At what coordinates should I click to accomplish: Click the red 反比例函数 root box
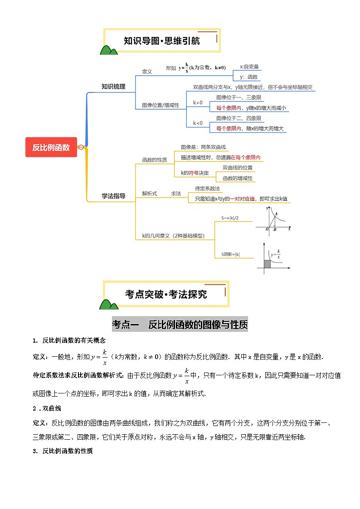[51, 147]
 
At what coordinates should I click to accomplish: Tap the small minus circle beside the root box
[81, 147]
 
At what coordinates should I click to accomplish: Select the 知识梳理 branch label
[113, 87]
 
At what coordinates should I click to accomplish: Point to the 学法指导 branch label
[113, 196]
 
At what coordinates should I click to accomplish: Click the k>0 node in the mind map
[198, 102]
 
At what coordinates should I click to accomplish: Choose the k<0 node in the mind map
[198, 123]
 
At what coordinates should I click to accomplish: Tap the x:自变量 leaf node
[249, 67]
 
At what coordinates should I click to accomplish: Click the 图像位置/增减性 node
[161, 105]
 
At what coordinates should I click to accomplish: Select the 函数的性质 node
[155, 160]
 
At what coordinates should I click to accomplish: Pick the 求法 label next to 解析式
[176, 194]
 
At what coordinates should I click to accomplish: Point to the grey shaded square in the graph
[267, 263]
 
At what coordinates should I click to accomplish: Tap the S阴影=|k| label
[231, 255]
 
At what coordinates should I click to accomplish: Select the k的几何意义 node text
[173, 236]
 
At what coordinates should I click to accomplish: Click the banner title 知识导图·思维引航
[162, 41]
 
